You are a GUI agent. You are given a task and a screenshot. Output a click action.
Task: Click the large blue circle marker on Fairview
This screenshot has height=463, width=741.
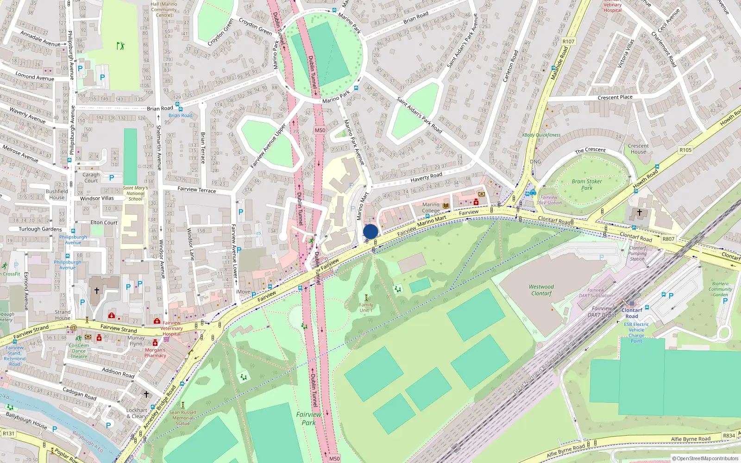(x=370, y=231)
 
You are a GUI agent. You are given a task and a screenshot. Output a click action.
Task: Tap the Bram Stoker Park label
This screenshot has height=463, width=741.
(x=587, y=184)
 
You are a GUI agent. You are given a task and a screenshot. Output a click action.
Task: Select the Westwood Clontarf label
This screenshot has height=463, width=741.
(x=541, y=290)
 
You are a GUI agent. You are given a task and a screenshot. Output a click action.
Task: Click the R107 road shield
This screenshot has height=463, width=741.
(x=568, y=41)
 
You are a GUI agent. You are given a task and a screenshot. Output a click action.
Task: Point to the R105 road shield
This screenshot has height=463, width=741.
(x=685, y=150)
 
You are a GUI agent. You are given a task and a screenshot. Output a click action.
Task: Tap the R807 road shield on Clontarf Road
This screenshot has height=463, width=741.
(x=668, y=239)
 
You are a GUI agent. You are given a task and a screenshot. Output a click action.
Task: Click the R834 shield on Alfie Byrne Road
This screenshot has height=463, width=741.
(x=729, y=436)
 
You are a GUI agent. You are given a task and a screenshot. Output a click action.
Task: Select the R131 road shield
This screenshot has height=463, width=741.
(x=8, y=433)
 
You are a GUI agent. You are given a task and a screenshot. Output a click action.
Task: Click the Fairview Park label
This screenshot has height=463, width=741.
(x=308, y=419)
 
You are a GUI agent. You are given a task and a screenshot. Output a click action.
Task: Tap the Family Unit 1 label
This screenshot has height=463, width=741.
(x=366, y=307)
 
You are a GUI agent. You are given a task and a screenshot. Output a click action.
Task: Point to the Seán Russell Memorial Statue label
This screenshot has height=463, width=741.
(x=182, y=418)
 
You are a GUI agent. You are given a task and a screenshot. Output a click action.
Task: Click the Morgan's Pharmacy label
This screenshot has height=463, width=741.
(x=155, y=352)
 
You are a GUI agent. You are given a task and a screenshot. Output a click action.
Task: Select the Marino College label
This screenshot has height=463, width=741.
(x=431, y=207)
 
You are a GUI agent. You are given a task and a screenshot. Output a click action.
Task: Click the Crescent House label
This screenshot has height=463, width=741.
(x=638, y=149)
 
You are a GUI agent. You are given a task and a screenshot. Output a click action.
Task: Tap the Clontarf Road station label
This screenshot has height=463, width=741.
(x=632, y=313)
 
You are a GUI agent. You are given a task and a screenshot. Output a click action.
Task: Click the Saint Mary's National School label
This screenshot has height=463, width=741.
(x=135, y=193)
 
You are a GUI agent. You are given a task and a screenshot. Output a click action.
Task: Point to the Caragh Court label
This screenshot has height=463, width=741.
(x=91, y=177)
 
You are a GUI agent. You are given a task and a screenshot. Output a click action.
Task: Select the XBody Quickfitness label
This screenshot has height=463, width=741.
(x=541, y=135)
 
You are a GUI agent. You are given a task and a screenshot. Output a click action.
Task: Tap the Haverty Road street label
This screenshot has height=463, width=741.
(x=426, y=177)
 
